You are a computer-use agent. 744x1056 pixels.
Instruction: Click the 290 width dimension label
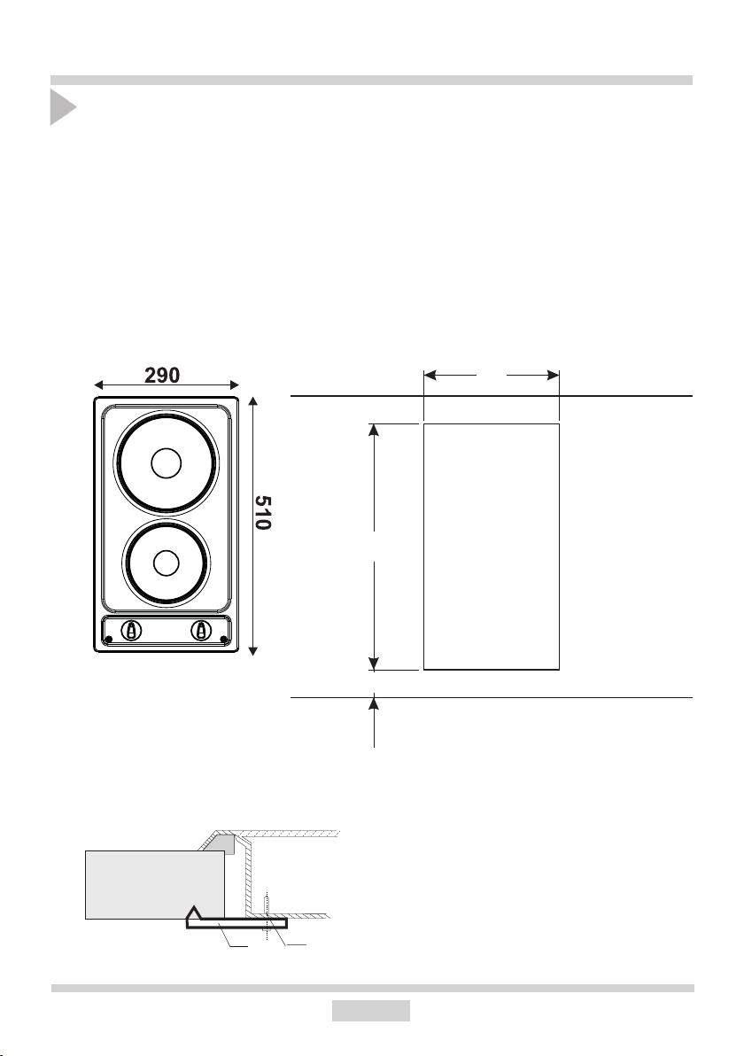point(162,375)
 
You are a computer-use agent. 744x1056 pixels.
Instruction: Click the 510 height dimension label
point(263,513)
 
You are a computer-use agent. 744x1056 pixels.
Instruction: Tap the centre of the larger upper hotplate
point(167,463)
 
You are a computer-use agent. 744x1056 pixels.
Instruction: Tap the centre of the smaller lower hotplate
point(167,563)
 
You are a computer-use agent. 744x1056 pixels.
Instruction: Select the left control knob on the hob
point(130,631)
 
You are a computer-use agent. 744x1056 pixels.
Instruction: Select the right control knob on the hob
point(201,631)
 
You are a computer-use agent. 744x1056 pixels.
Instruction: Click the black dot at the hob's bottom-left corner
point(108,639)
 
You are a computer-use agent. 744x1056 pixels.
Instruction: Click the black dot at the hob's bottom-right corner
point(223,639)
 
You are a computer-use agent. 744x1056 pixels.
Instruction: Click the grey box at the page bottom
point(371,1010)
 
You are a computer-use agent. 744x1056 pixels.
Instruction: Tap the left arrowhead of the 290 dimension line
point(98,385)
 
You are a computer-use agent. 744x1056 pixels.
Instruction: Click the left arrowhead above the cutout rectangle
point(430,375)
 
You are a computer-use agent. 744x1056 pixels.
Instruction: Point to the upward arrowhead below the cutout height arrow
point(375,703)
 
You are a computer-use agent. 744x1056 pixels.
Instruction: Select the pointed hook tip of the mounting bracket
point(194,909)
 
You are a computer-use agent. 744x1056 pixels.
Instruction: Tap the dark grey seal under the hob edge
point(225,842)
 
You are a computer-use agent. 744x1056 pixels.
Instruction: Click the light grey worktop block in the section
point(155,884)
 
